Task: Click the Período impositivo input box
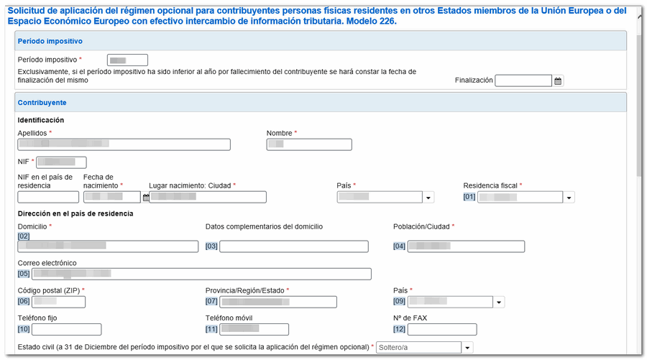[127, 60]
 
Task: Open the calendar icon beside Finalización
[558, 81]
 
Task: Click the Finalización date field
[523, 80]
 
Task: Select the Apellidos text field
[124, 145]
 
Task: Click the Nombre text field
[308, 145]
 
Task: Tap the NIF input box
[60, 163]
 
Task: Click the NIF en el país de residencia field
[48, 197]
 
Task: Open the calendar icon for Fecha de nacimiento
[146, 197]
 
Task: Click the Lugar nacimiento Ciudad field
[208, 197]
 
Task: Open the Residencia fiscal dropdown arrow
[569, 198]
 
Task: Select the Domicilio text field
[108, 246]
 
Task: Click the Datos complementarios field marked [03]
[293, 246]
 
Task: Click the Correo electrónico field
[201, 274]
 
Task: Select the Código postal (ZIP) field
[58, 302]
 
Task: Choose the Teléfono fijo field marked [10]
[66, 330]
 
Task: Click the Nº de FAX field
[441, 330]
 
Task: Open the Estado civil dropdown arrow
[467, 348]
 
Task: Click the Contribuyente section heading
[42, 103]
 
